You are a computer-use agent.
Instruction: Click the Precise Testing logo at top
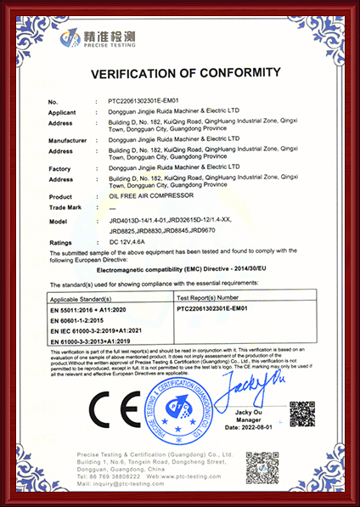93,40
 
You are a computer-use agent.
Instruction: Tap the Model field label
58,220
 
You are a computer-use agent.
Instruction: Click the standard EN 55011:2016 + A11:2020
88,310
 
